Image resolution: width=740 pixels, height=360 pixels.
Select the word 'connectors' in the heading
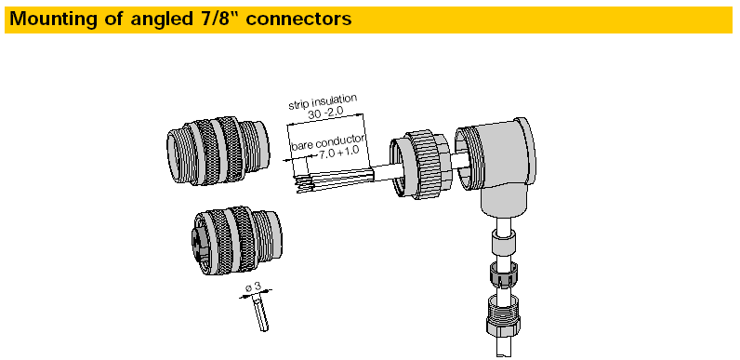click(306, 18)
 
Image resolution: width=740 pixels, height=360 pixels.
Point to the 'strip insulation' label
click(324, 100)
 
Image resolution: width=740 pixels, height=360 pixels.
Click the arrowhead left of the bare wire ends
click(285, 160)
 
